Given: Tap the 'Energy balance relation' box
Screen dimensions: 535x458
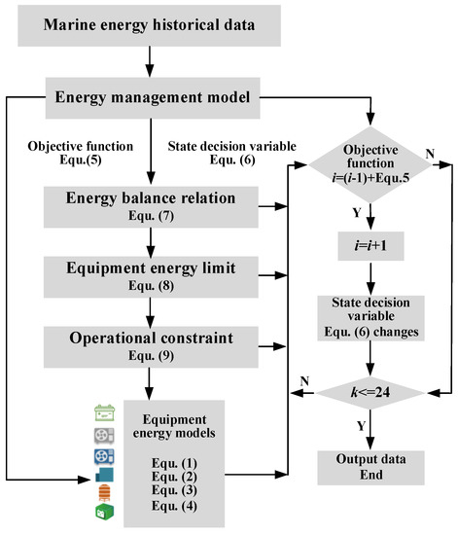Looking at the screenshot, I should coord(152,205).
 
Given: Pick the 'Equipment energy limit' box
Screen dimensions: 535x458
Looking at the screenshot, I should coord(152,271).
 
